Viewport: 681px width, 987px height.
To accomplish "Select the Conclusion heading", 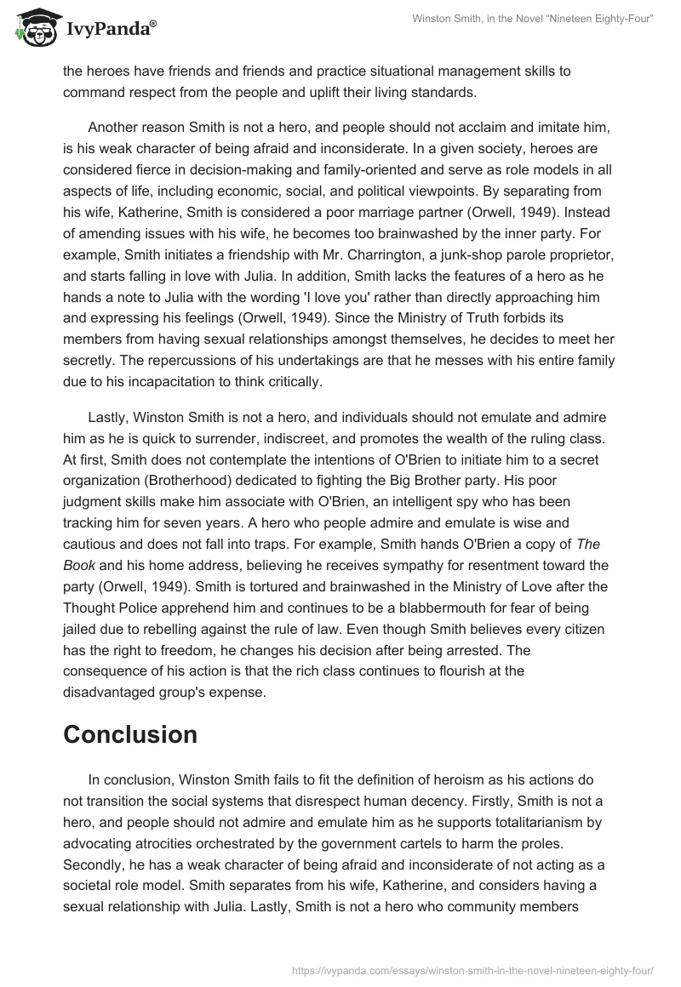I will [130, 734].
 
